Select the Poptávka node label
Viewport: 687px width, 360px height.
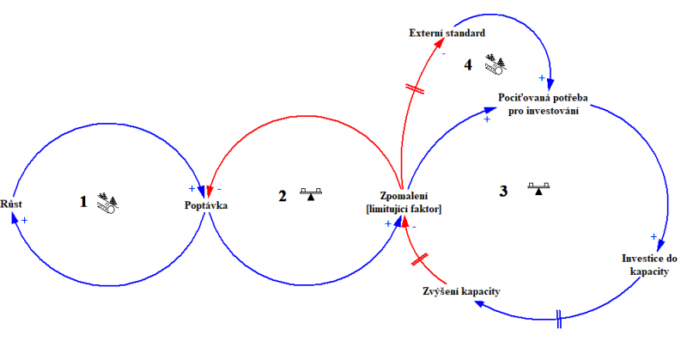207,204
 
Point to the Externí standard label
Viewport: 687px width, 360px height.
447,33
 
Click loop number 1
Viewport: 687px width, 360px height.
83,202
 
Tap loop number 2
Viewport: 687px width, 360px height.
282,195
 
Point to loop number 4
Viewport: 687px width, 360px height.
467,64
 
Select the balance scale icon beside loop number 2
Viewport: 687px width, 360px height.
310,194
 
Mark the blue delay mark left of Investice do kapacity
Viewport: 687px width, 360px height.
560,316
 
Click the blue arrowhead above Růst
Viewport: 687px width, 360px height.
14,218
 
